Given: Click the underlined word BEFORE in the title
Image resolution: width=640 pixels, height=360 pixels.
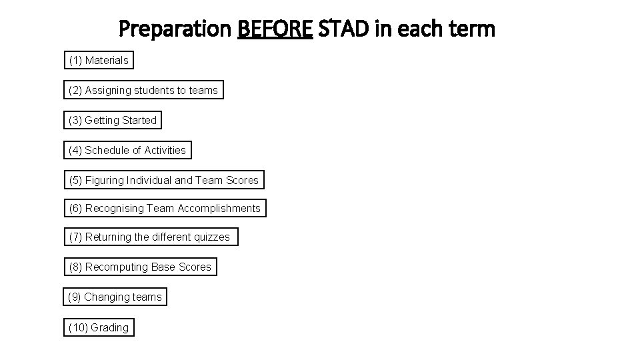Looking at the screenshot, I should (275, 29).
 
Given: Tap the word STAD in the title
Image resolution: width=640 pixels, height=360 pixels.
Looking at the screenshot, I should (341, 29).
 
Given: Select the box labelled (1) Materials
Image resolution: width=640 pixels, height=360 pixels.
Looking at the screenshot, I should (99, 61).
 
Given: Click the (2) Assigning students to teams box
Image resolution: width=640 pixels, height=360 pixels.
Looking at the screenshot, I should (143, 90).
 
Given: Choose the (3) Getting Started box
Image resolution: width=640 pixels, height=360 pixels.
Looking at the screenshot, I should (113, 121).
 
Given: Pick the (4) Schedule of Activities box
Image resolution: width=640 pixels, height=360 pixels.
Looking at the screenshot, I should (127, 151).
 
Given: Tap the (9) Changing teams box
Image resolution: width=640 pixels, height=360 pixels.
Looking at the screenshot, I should (115, 297).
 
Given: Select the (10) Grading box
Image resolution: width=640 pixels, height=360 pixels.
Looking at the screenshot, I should (99, 327).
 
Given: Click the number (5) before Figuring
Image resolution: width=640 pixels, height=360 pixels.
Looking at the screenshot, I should (75, 181).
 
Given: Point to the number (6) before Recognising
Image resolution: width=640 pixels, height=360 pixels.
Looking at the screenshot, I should (75, 209).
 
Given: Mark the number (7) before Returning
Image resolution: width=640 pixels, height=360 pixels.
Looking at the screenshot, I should (75, 237).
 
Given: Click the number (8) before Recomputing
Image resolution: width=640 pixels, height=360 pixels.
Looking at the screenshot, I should (75, 267).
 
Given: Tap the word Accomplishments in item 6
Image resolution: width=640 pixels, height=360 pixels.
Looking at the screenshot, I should (219, 209).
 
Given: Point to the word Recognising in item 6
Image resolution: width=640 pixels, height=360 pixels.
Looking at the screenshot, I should (114, 209).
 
